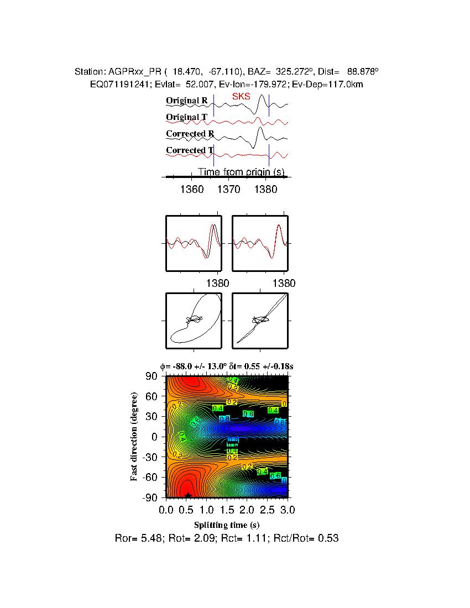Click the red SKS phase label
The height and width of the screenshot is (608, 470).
click(x=241, y=96)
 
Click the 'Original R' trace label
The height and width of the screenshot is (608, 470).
click(x=187, y=101)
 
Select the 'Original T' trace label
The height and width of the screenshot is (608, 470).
click(x=187, y=117)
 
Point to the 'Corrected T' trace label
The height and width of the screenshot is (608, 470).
click(x=190, y=150)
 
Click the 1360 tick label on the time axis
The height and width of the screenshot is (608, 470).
click(x=192, y=189)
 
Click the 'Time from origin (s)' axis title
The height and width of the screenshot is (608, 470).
click(x=241, y=172)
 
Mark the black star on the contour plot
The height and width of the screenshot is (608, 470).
click(x=189, y=495)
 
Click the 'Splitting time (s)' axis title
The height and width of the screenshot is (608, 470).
click(x=227, y=525)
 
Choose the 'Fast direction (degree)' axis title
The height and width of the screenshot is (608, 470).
click(x=134, y=437)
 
